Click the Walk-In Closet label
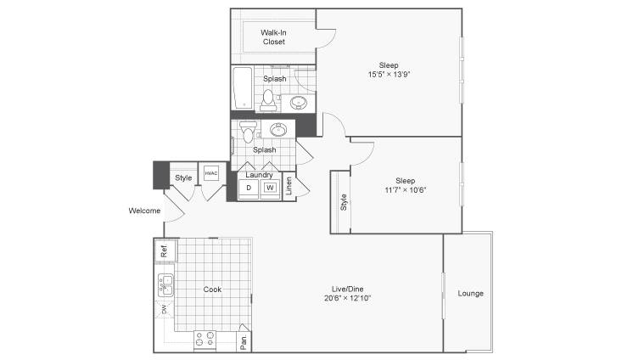[x=273, y=37]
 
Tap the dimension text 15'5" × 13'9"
[x=389, y=75]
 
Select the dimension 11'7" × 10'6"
[x=406, y=190]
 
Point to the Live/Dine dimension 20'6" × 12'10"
[x=348, y=298]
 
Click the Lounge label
[x=470, y=293]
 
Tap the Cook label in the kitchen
[x=212, y=290]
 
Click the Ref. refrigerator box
[x=165, y=250]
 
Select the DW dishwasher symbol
[x=165, y=309]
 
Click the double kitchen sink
[x=165, y=285]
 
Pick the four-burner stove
[x=205, y=340]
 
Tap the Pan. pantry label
[x=244, y=341]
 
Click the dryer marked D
[x=249, y=188]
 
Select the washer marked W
[x=270, y=188]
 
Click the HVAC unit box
[x=211, y=173]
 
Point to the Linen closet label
[x=289, y=186]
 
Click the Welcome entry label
[x=144, y=211]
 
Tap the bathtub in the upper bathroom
[x=243, y=88]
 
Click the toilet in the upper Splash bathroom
[x=268, y=100]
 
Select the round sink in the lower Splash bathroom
[x=278, y=130]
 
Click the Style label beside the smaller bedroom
[x=344, y=202]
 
